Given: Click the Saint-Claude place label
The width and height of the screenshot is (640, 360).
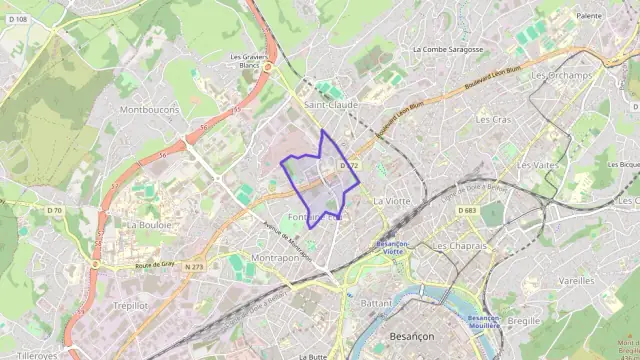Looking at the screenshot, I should coord(330,104).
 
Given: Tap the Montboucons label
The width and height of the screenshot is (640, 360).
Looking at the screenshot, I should coord(149,109).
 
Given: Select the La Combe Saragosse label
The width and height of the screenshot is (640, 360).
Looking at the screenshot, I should coord(448,49).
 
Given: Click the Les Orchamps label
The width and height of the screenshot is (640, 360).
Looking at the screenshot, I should coord(562,75).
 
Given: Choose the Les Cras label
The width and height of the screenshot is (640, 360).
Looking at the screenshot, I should coord(493,119).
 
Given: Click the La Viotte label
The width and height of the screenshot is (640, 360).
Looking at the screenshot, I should coord(391,201).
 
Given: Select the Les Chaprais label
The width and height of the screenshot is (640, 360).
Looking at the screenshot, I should coord(459,245).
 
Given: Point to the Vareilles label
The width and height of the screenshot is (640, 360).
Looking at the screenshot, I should coord(576,281).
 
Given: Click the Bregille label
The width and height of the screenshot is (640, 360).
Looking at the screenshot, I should coord(523,321).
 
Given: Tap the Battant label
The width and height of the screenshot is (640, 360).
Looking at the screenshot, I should coord(376,302).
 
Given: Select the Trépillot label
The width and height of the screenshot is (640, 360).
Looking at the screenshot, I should coord(131,305).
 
